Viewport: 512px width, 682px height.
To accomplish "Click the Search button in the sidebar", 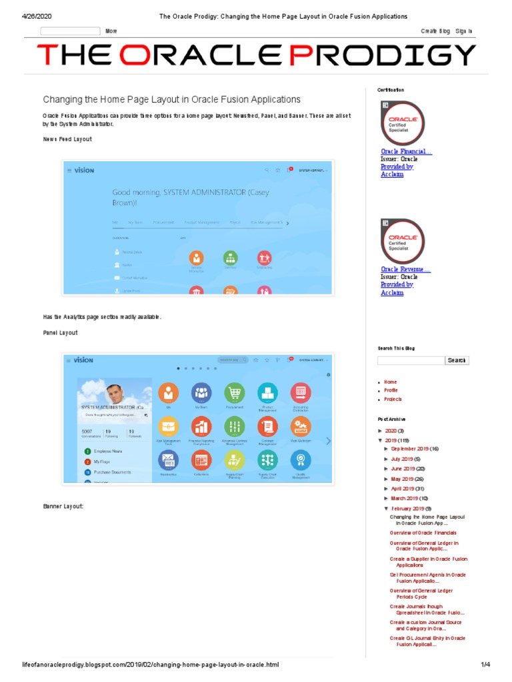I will (457, 360).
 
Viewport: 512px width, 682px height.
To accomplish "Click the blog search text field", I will (410, 360).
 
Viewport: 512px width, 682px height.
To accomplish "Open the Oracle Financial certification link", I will (406, 152).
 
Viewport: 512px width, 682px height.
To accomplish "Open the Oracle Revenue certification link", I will (405, 269).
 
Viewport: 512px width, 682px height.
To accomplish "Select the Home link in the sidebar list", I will (390, 382).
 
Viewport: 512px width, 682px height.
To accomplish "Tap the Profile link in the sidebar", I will (391, 390).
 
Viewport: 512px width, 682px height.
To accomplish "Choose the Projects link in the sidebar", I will (393, 399).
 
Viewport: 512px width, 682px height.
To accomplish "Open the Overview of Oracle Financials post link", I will (423, 533).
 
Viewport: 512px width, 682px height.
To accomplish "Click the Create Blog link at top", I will (435, 31).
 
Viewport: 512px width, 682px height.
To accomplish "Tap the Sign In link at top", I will (464, 31).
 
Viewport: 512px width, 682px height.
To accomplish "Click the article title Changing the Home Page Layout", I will (172, 99).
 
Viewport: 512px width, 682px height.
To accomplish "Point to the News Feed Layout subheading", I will (67, 139).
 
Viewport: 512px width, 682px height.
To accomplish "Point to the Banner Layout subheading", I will (63, 507).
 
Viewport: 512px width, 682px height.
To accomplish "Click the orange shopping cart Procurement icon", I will (233, 393).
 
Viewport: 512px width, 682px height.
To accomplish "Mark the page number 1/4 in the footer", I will (485, 665).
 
